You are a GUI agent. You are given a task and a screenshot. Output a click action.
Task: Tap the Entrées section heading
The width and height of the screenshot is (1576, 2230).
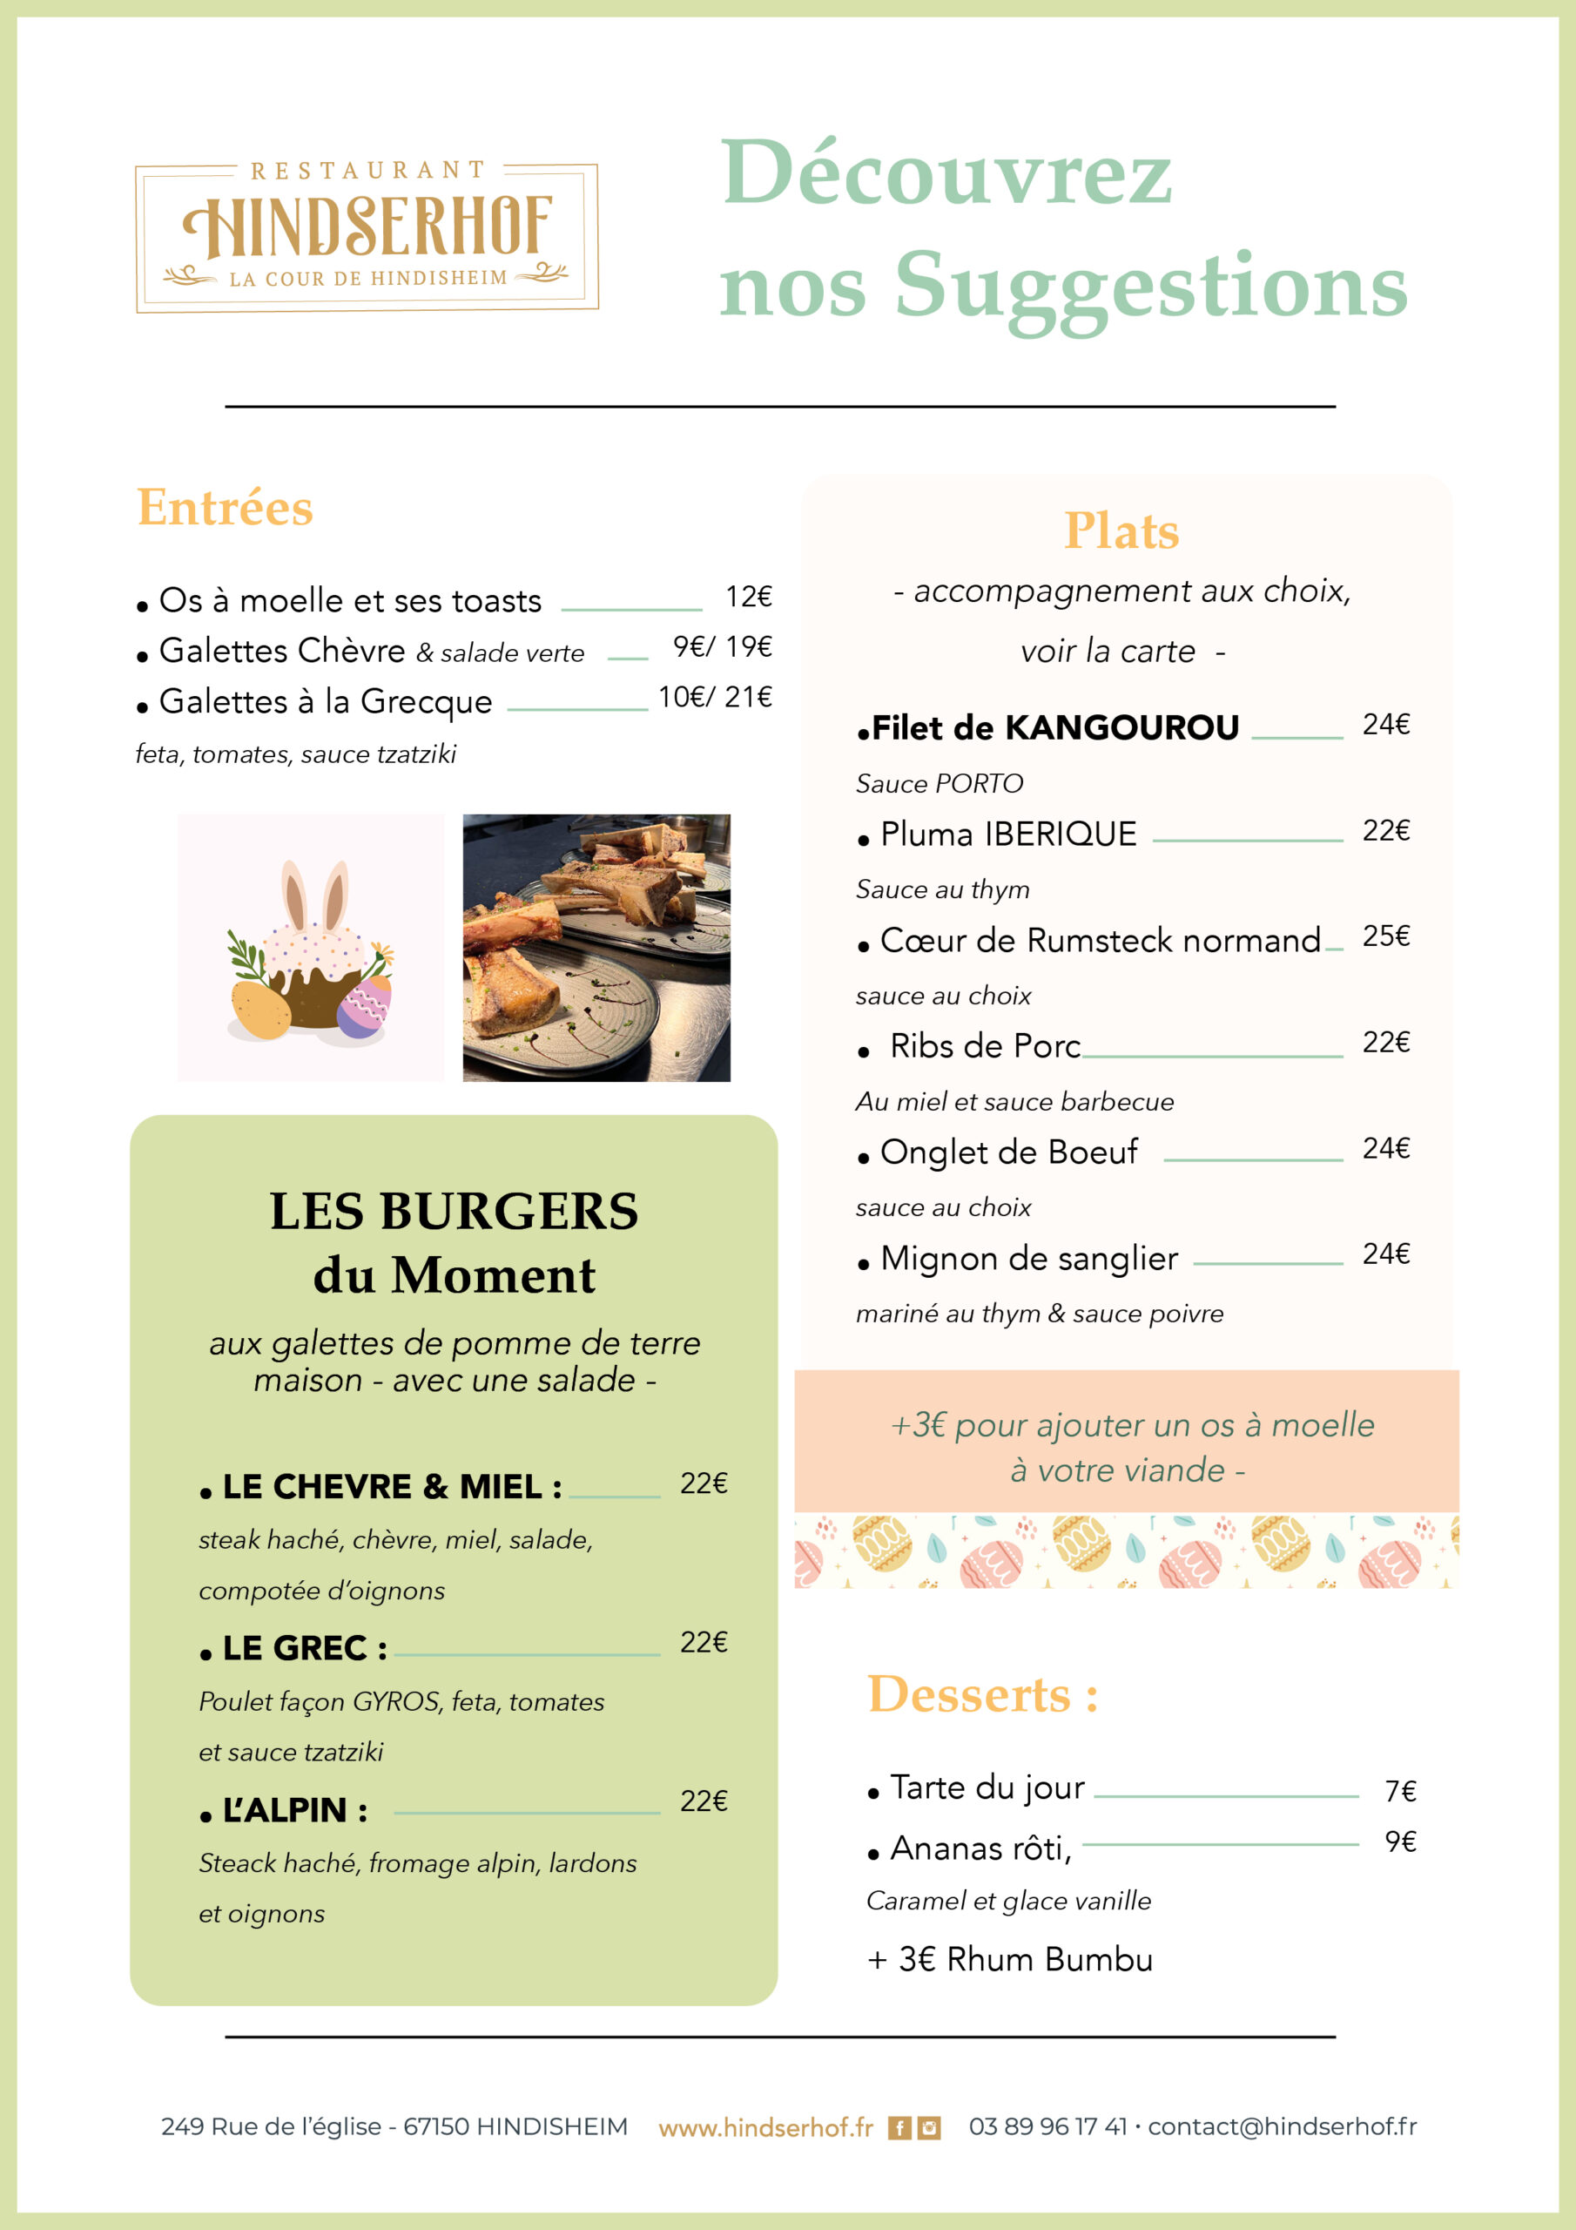point(225,508)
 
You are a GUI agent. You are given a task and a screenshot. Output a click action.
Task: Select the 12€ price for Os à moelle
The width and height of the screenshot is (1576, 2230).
point(748,597)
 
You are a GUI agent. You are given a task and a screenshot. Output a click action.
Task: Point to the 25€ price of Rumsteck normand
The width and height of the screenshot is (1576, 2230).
point(1385,936)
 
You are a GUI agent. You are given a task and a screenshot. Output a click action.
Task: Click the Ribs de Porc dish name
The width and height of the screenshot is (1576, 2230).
point(985,1046)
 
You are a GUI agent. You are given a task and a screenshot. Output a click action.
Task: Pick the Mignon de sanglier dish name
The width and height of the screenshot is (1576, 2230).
point(1028,1258)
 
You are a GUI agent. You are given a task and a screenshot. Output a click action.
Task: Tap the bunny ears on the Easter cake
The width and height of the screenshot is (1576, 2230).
point(314,895)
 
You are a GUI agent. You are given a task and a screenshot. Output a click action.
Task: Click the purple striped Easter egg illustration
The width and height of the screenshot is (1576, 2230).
point(364,1006)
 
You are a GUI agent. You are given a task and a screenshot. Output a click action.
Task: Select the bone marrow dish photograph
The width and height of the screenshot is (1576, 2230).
point(596,947)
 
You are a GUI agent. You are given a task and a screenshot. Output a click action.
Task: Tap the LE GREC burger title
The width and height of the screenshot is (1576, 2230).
point(304,1648)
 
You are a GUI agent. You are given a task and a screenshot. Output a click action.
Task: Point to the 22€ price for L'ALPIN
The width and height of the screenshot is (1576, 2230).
point(703,1801)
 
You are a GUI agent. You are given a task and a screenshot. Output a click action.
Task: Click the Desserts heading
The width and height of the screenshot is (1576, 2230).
point(981,1696)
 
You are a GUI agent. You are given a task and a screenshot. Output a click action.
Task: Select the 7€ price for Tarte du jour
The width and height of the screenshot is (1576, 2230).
point(1399,1791)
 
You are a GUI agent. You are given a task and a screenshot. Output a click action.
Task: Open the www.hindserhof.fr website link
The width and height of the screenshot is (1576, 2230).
point(765,2127)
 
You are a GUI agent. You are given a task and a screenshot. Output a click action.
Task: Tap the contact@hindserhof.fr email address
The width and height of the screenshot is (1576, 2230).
point(1281,2126)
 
